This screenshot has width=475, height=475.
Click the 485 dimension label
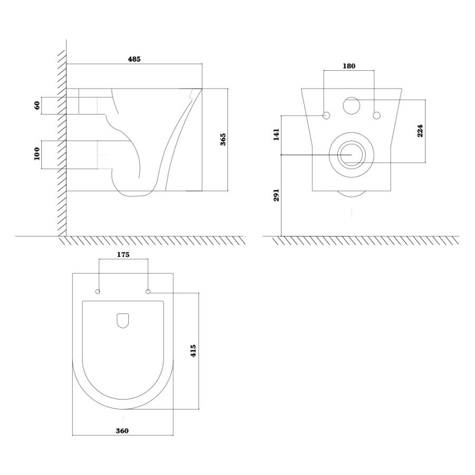click(x=134, y=59)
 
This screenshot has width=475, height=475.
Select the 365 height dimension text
click(x=223, y=139)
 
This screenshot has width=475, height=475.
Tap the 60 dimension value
click(x=37, y=106)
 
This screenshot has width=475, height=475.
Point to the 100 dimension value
click(x=37, y=154)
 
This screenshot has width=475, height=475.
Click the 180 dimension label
click(x=349, y=66)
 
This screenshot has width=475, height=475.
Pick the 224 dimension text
click(x=420, y=131)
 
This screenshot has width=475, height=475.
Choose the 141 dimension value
click(x=276, y=135)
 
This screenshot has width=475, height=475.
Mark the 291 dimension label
click(x=276, y=195)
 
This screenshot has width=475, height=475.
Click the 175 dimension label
click(x=123, y=254)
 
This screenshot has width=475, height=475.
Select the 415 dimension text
click(x=193, y=350)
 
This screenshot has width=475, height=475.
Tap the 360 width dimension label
click(x=122, y=431)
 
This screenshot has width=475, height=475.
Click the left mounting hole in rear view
click(x=326, y=116)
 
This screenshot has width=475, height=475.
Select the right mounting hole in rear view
click(x=376, y=116)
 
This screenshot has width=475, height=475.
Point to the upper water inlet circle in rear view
click(x=351, y=106)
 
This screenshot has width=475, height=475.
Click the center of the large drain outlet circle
click(x=351, y=155)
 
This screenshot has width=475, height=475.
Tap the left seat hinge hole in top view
click(x=98, y=291)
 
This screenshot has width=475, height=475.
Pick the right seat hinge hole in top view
click(x=148, y=291)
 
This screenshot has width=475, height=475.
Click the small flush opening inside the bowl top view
click(x=122, y=321)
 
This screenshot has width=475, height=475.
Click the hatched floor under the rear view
click(x=365, y=241)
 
